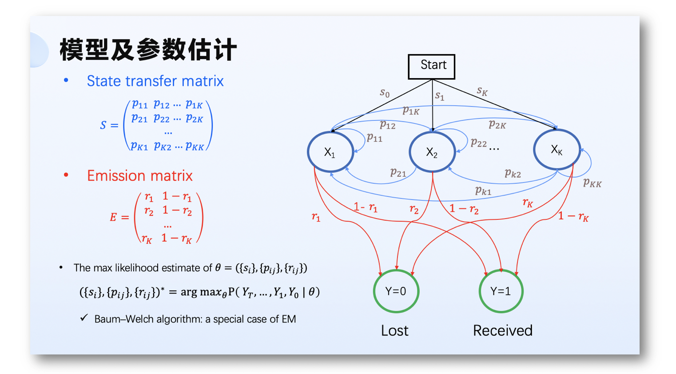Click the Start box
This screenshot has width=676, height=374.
coord(431,67)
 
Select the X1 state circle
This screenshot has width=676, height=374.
coord(330,152)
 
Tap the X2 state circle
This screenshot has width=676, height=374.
coord(432,152)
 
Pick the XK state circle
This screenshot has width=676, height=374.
coord(557,150)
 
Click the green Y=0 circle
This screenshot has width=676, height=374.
coord(396,291)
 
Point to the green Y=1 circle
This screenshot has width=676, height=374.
coord(501,291)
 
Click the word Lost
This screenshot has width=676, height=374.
coord(394,330)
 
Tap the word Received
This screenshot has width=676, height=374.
coord(502,330)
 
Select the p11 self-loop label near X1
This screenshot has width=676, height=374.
coord(374,138)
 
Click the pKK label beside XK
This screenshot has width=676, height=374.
coord(592,183)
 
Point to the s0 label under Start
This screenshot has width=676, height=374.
coord(385,93)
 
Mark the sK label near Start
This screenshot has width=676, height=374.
coord(482,92)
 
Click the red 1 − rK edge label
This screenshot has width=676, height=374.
coord(573,216)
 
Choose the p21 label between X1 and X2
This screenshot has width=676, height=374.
coord(398,172)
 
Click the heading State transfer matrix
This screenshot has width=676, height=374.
coord(155,81)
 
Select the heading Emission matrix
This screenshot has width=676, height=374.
coord(139,175)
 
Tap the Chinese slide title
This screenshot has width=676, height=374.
coord(148,49)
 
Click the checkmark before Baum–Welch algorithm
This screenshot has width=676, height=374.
coord(84,318)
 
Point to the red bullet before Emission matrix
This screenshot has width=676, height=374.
coord(66,175)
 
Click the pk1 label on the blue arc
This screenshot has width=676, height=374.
coord(483,191)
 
